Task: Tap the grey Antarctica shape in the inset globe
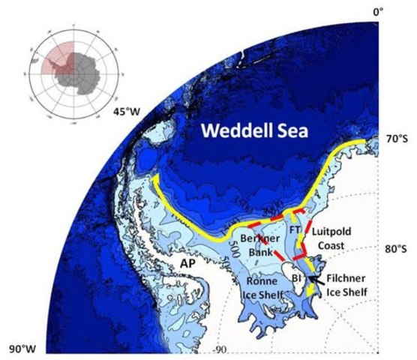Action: pos(74,72)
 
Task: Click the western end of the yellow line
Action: pos(154,178)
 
